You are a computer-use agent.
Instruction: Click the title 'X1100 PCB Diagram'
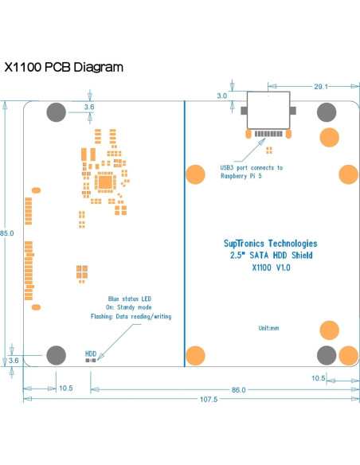pos(64,67)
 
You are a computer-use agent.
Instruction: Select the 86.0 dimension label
pos(238,389)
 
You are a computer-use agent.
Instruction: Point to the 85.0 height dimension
pos(7,233)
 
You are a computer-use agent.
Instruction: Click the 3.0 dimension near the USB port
pos(221,96)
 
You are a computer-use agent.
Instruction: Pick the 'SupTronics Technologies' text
pos(270,244)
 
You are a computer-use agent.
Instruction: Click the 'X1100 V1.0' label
pos(270,268)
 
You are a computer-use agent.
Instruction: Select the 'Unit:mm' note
pos(268,327)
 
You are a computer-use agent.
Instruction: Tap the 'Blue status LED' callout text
pos(130,297)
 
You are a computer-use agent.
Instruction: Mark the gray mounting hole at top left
pos(57,112)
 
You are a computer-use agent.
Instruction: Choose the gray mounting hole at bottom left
pos(57,354)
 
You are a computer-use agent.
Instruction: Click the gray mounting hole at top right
pos(326,112)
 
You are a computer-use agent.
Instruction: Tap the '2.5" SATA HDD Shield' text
pos(270,256)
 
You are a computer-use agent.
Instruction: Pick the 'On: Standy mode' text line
pos(130,307)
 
